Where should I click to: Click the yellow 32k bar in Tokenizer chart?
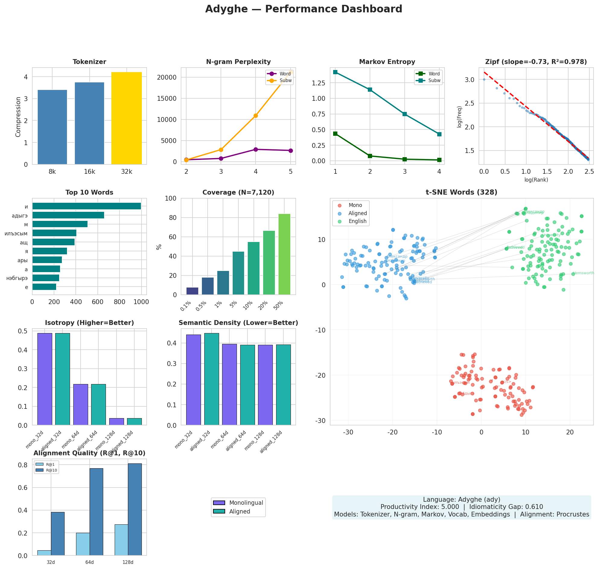[x=126, y=118]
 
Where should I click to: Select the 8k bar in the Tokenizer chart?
[x=52, y=127]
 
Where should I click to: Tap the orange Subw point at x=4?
[x=256, y=116]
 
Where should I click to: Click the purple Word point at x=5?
[x=291, y=151]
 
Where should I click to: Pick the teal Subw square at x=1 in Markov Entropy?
[x=335, y=72]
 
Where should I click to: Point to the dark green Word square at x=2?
[x=370, y=156]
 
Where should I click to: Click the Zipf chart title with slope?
[x=536, y=62]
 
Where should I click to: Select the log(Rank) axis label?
[x=536, y=180]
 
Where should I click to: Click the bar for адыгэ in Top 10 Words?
[x=68, y=215]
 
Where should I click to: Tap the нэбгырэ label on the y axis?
[x=17, y=278]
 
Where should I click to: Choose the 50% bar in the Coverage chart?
[x=284, y=254]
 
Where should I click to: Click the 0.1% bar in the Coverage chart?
[x=192, y=291]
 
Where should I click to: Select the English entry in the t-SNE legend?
[x=357, y=221]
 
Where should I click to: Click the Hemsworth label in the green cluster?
[x=584, y=273]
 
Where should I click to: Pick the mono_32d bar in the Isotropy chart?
[x=45, y=379]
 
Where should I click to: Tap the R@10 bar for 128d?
[x=135, y=510]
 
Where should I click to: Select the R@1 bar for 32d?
[x=44, y=553]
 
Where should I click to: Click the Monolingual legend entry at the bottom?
[x=246, y=503]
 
